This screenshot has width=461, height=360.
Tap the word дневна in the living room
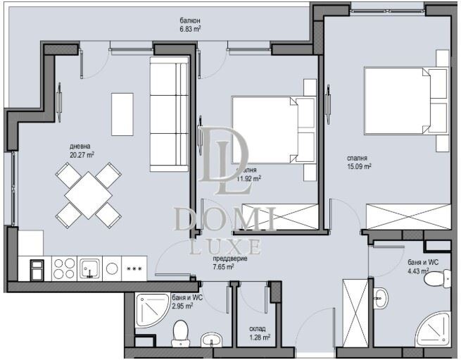coord(80,145)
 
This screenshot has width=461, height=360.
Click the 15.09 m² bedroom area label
coord(358,167)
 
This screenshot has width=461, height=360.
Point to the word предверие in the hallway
coord(228,258)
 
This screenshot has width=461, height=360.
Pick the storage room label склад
coord(257,328)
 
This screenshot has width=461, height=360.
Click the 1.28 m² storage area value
coord(258,337)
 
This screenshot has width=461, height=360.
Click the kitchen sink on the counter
coord(91,268)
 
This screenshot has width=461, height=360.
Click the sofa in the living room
coord(170,114)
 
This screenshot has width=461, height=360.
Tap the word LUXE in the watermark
coord(227,247)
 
